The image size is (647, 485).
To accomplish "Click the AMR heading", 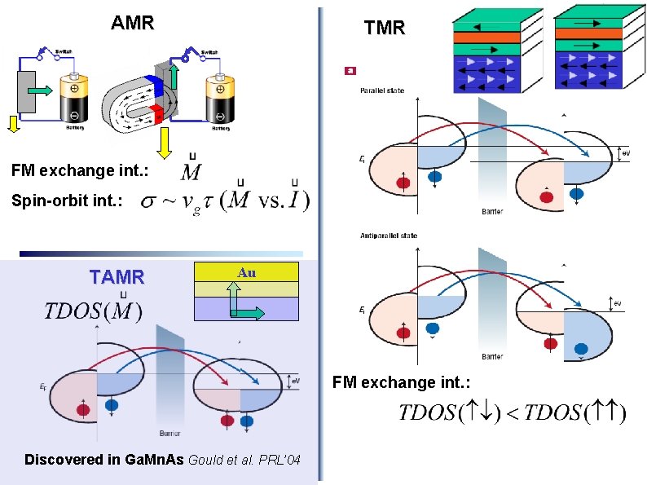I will (x=132, y=23).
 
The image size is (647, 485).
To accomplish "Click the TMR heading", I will (x=385, y=29).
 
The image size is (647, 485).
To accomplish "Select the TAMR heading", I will (x=117, y=277).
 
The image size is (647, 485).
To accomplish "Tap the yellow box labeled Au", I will (x=247, y=272).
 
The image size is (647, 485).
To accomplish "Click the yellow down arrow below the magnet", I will (x=164, y=143).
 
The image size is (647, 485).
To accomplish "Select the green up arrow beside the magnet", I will (x=174, y=77).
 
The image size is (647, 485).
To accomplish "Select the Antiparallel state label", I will (x=388, y=236).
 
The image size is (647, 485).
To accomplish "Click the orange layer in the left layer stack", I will (x=486, y=37).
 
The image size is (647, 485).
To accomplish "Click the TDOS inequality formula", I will (x=513, y=412).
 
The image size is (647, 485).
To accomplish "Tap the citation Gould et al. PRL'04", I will (x=244, y=461).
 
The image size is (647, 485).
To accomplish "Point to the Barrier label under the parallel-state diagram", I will (x=492, y=211).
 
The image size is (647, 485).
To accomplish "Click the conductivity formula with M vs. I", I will (x=224, y=200).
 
